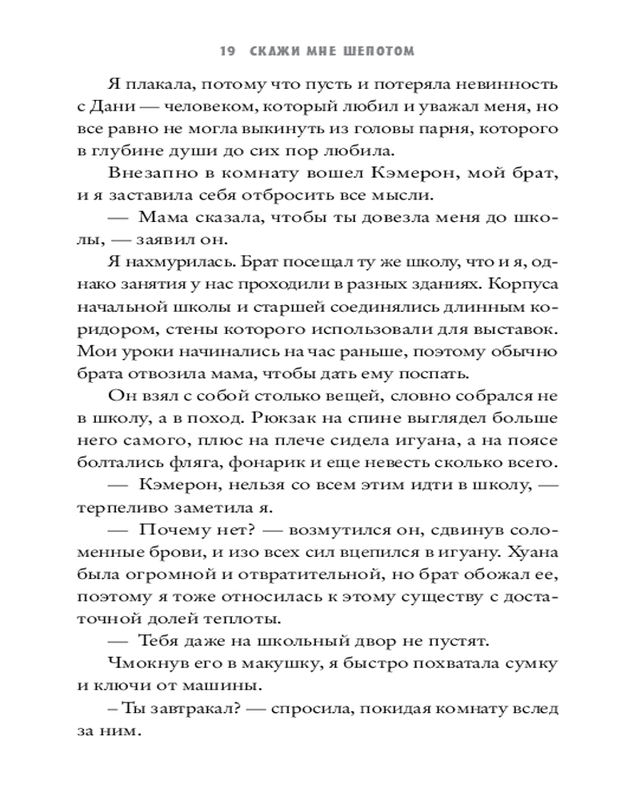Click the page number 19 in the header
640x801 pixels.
tap(226, 52)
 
